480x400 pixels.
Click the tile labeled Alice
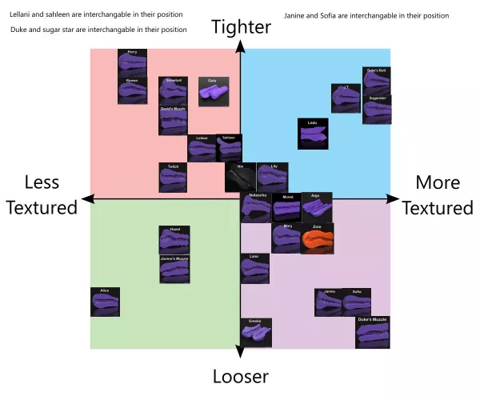tap(105, 302)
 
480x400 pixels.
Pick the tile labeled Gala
tap(212, 90)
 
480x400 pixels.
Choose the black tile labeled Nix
tap(240, 176)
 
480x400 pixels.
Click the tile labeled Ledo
tap(313, 134)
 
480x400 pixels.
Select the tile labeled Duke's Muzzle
tap(372, 330)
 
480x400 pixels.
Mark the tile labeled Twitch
tap(173, 177)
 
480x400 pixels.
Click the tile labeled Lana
tap(254, 268)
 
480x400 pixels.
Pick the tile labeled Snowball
tap(174, 90)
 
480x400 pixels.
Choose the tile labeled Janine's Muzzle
tap(174, 270)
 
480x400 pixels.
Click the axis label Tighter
tap(241, 27)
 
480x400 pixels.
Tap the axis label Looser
tap(240, 376)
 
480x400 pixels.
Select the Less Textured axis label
tap(42, 195)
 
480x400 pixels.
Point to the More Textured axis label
tap(438, 195)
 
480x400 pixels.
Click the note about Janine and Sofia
tap(366, 16)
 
